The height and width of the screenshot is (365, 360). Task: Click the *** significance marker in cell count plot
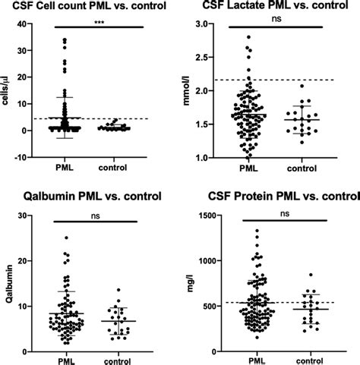98,25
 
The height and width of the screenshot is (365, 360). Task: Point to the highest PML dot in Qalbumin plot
66,238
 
